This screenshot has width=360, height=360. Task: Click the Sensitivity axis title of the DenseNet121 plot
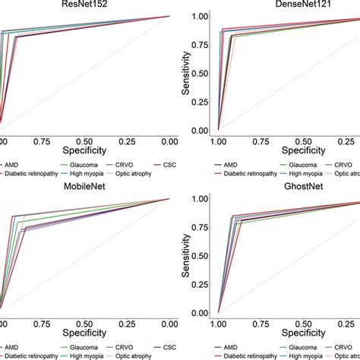click(182, 73)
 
